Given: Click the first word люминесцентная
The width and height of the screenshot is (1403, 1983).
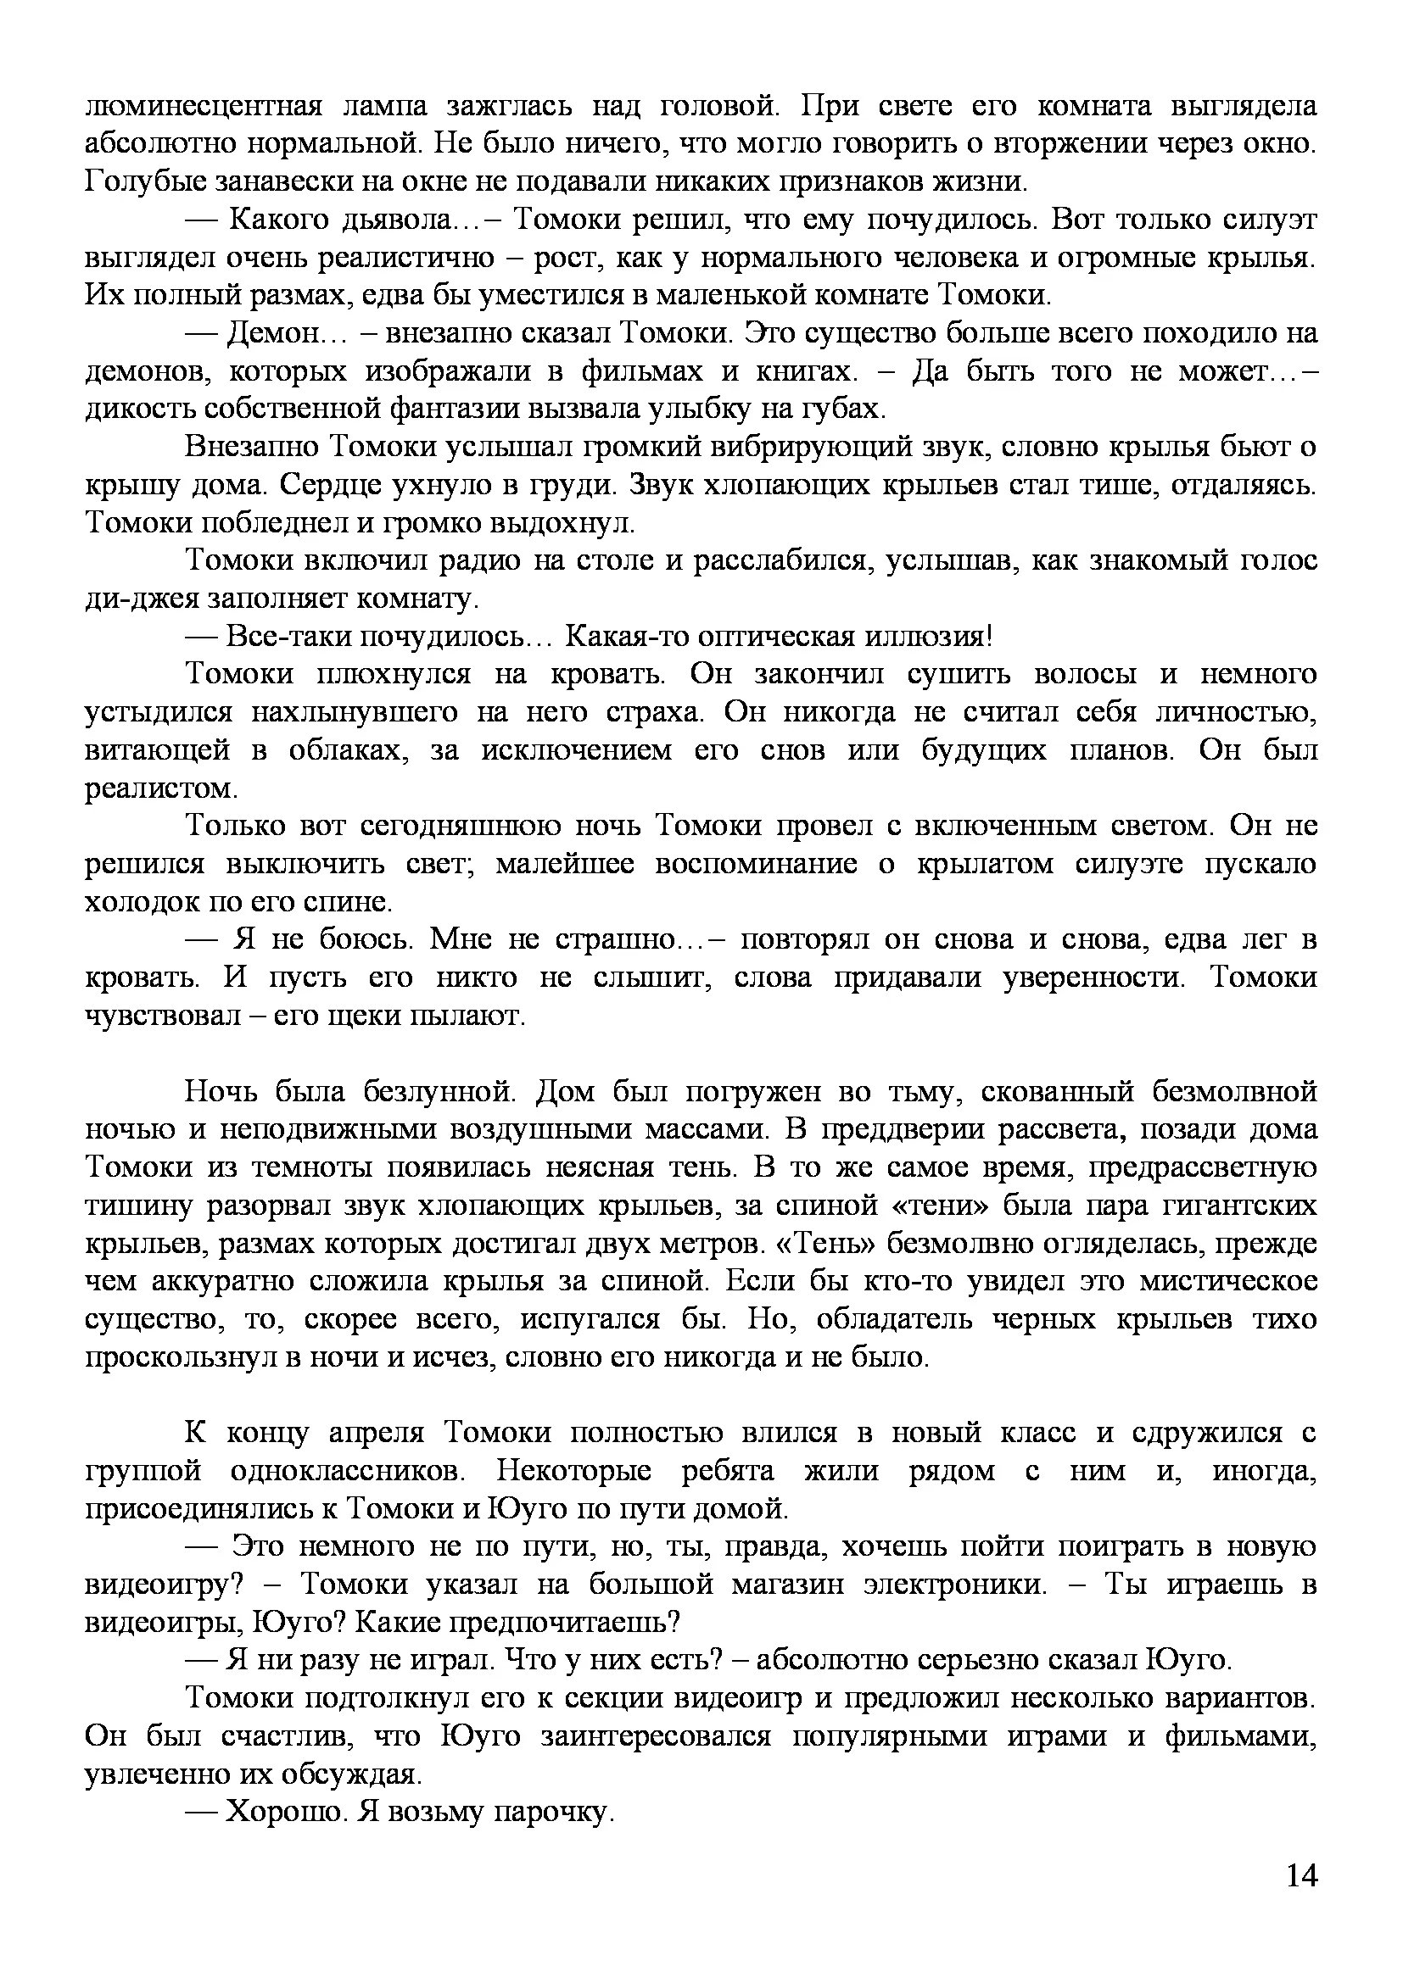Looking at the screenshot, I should pos(203,106).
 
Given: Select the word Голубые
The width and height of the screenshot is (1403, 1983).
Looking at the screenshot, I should pos(143,182).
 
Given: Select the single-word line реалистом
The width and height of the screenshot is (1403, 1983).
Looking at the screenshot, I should pos(160,788).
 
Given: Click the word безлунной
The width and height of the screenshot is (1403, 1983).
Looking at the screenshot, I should pos(439,1093).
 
